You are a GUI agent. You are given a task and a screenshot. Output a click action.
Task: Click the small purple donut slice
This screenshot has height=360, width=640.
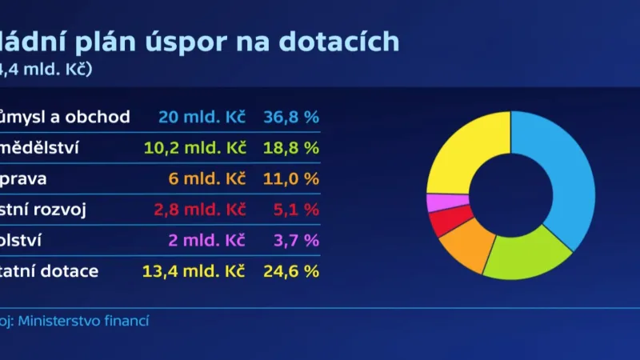click(438, 203)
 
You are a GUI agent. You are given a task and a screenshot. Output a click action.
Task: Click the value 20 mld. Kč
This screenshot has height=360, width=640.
click(202, 118)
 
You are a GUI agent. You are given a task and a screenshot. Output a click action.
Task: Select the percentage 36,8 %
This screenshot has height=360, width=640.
click(290, 118)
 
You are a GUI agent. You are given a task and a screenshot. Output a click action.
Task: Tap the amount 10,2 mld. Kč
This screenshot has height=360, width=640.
click(194, 148)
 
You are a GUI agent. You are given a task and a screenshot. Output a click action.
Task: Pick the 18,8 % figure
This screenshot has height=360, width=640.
click(290, 148)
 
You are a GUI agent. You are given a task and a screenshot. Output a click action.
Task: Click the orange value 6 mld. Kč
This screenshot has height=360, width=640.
click(206, 179)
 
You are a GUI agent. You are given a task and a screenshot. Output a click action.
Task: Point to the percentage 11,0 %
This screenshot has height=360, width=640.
click(290, 179)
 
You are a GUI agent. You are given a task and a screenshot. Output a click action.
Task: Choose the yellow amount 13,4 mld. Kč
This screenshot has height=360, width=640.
click(194, 271)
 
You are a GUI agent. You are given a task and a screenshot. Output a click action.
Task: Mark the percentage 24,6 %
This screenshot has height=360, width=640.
click(290, 271)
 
